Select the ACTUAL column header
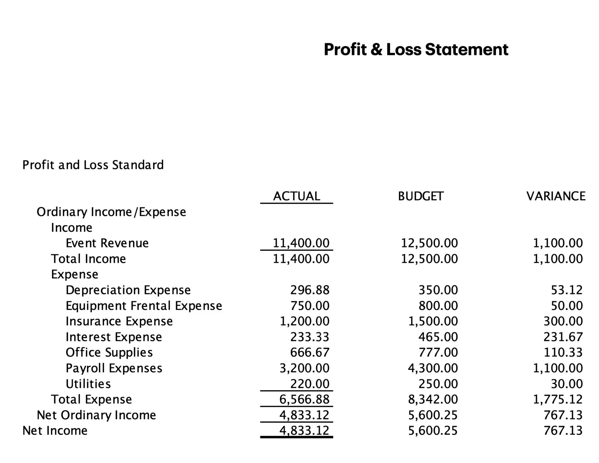click(x=297, y=196)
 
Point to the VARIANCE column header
click(x=556, y=196)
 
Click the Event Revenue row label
click(x=107, y=243)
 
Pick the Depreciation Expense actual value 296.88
click(x=310, y=290)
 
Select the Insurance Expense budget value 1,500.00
click(x=433, y=321)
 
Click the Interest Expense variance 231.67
click(x=563, y=337)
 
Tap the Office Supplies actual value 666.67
click(x=310, y=352)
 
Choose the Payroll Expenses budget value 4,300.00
click(x=433, y=368)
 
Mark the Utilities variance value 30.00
click(x=567, y=384)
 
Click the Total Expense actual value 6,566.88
click(x=304, y=399)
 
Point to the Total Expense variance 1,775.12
click(x=558, y=399)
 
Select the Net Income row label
click(x=55, y=431)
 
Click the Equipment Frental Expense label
click(x=144, y=306)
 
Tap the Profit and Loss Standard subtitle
click(x=93, y=165)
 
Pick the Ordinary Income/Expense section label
click(x=111, y=212)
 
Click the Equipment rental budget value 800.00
click(x=438, y=306)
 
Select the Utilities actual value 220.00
click(x=310, y=384)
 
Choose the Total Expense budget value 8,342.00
click(x=433, y=399)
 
